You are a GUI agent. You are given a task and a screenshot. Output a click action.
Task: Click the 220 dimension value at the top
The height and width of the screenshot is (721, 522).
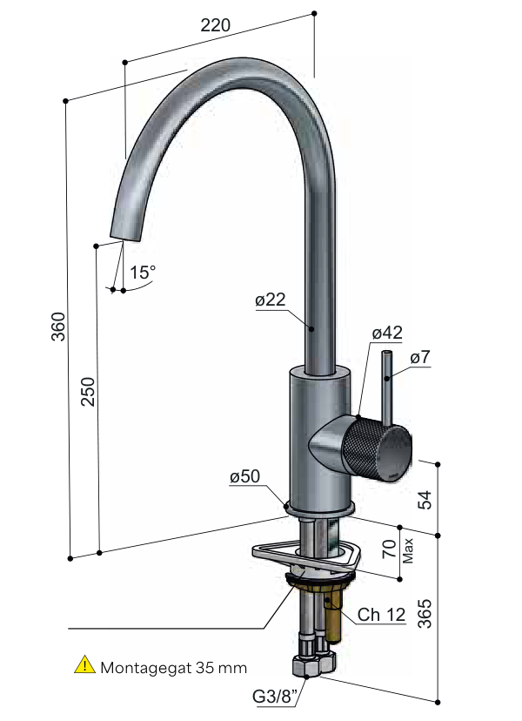coord(215,25)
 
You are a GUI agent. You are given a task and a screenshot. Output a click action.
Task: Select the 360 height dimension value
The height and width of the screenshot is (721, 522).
coord(58,327)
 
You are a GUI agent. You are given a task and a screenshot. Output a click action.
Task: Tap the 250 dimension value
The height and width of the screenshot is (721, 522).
coord(88,391)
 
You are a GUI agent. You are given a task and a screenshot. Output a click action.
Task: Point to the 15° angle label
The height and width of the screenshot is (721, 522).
coord(143,273)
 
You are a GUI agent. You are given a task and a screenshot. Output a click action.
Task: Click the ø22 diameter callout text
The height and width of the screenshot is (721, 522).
coord(271,300)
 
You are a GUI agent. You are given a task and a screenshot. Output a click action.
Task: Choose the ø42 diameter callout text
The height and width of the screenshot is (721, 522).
coord(387,333)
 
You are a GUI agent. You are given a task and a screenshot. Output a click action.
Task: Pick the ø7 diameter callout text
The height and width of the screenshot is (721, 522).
coord(420,357)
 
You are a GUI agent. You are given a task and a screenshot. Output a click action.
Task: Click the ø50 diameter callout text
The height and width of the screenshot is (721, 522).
coord(245,476)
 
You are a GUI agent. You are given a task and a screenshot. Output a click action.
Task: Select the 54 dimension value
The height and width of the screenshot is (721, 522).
coord(425,500)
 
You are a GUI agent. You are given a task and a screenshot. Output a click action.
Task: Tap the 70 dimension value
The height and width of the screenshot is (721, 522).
coord(390,549)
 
